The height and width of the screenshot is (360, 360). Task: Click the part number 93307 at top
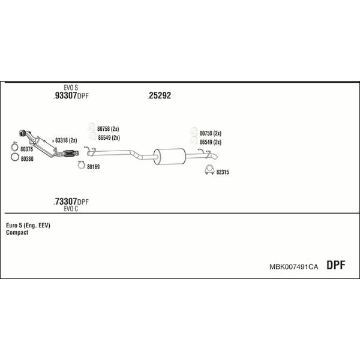coord(65,95)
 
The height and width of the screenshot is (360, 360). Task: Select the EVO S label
coord(71,88)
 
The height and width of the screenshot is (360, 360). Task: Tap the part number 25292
coord(160,95)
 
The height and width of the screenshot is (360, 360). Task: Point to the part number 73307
coord(65,202)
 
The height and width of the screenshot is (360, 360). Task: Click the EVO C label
coord(71,209)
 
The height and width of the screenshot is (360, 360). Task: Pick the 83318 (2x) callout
coord(66,140)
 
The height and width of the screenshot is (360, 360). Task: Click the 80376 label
coord(26,149)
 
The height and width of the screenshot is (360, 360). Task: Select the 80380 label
coord(27,158)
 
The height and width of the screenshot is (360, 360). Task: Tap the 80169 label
coord(93,167)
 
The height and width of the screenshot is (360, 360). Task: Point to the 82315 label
coord(223,172)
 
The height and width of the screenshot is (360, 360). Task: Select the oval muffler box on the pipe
coord(169,157)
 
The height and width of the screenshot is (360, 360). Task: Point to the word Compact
coord(17,232)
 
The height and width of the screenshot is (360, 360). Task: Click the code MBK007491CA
coord(293,267)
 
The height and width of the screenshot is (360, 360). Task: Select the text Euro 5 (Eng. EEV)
coord(28,226)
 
